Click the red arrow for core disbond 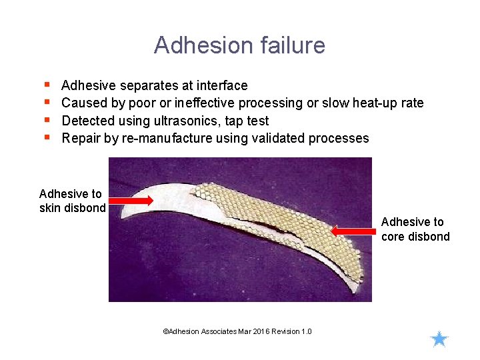point(354,231)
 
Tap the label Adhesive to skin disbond point(71,201)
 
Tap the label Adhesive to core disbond point(415,229)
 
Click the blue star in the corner point(439,339)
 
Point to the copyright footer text point(237,331)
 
